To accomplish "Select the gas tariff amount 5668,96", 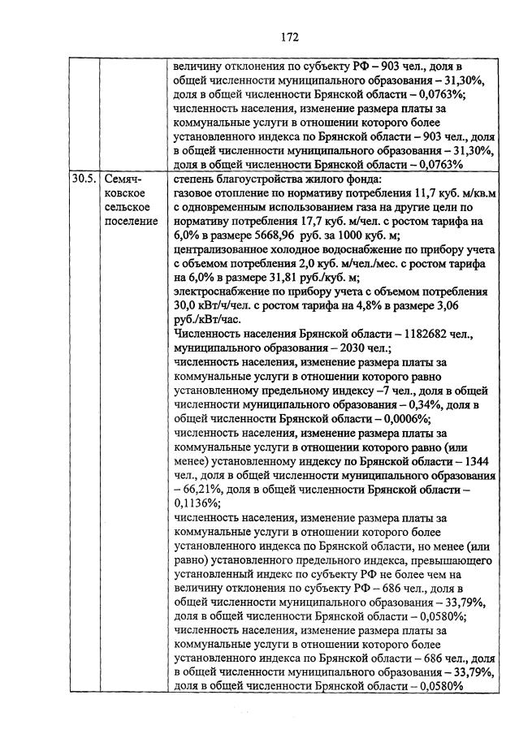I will click(x=275, y=237).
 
